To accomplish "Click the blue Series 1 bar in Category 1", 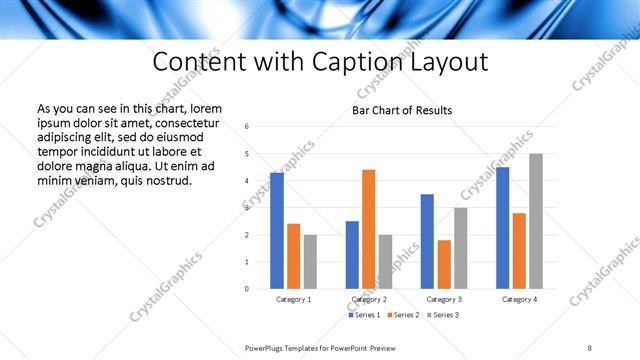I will [277, 231].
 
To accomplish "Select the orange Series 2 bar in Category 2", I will [368, 229].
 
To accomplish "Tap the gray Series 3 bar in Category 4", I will [536, 221].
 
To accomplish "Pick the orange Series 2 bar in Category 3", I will [444, 264].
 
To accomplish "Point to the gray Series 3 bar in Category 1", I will [311, 262].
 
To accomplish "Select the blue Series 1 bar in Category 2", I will [352, 255].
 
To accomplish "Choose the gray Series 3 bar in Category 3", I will [460, 248].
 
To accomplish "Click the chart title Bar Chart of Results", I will [401, 110].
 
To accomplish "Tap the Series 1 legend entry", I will [364, 316].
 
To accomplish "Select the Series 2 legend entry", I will [402, 316].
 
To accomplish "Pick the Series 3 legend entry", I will [441, 316].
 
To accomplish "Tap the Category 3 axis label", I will [443, 299].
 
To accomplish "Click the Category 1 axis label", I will [293, 299].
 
